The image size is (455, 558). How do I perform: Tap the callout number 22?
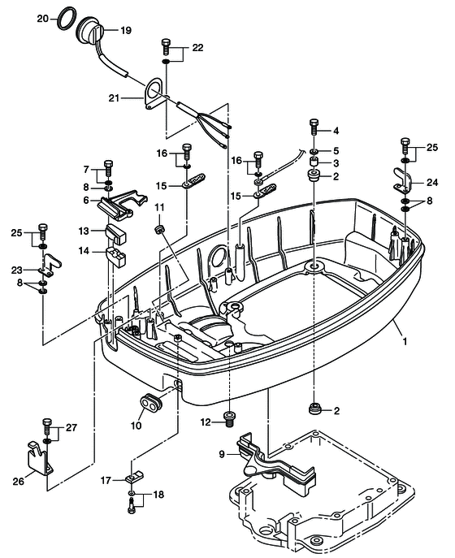coord(197,48)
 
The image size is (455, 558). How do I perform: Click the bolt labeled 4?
coord(314,128)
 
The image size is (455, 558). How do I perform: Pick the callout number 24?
coord(432,183)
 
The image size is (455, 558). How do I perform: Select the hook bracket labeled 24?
coord(403,180)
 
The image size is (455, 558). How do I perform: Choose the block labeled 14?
coord(116,257)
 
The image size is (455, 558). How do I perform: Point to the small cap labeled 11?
coord(160,228)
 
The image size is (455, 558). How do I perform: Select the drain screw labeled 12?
coord(230,417)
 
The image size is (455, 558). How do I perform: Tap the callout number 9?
coord(222,455)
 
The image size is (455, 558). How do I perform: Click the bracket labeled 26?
coord(39,459)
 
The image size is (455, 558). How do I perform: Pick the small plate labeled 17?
coord(133,477)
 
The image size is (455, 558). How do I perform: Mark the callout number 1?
coord(405,342)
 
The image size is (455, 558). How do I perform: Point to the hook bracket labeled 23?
coord(50,265)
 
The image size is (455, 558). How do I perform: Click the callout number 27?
coord(71,427)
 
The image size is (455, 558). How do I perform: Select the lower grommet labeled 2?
coord(314,409)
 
